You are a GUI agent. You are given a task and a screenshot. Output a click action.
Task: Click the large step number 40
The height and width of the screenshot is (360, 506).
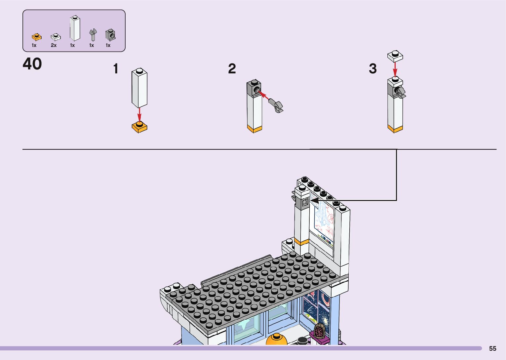point(32,63)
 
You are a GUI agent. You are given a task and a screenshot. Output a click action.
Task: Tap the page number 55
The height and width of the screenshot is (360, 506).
point(492,348)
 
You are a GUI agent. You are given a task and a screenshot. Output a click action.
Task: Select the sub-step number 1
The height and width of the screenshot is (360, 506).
point(116,68)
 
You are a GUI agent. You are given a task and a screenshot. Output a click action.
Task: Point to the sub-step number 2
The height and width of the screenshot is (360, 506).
point(232,68)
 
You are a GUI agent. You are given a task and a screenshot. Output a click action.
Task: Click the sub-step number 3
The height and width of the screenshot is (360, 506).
point(373,68)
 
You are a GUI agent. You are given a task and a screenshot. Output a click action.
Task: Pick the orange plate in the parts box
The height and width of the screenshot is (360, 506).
point(37,37)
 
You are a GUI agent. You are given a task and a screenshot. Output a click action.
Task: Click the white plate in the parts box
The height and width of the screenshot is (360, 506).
point(56,37)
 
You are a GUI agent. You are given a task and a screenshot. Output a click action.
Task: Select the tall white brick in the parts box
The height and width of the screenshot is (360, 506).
point(75,28)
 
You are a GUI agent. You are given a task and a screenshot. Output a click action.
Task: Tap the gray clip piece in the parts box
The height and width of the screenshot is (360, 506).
point(93,35)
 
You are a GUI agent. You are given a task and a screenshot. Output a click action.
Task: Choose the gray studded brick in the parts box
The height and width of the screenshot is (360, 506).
point(110,35)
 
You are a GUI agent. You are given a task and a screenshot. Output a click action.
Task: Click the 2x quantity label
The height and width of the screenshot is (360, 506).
point(54,45)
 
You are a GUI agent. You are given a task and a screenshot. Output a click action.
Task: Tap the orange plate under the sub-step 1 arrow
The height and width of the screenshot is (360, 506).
point(139,127)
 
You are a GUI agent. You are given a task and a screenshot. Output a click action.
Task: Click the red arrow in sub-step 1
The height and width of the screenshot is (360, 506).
point(139,115)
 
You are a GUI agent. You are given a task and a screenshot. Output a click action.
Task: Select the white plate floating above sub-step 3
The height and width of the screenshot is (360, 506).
point(395,56)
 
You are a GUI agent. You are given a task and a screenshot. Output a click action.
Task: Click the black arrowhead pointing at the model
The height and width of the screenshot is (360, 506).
point(314,200)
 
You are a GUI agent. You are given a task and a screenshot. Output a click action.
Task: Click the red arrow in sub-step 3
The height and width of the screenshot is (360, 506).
point(395,70)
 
